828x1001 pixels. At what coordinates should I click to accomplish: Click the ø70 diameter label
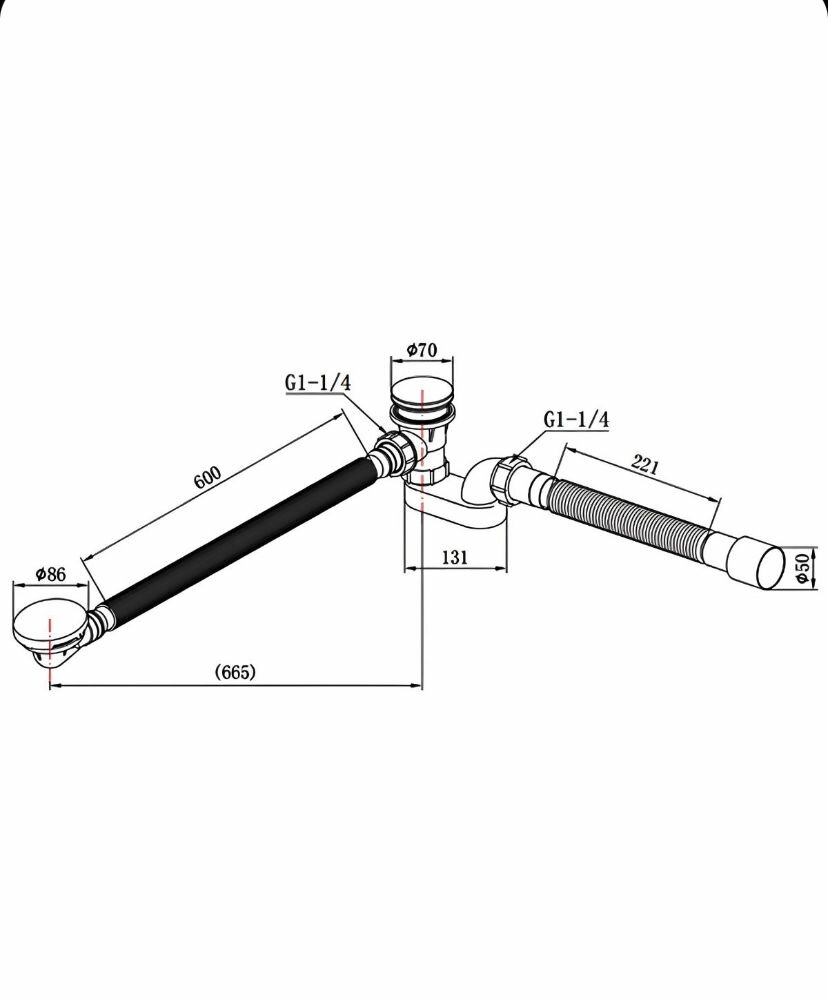(x=422, y=350)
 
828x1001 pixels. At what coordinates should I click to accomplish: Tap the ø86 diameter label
(x=49, y=574)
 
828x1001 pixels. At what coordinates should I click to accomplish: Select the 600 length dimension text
(x=206, y=477)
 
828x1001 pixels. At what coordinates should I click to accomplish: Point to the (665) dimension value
(x=235, y=672)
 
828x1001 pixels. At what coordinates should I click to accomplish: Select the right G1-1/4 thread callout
(x=576, y=419)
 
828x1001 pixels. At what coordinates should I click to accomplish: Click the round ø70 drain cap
(x=421, y=391)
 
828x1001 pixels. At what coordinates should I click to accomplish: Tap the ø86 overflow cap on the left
(x=50, y=623)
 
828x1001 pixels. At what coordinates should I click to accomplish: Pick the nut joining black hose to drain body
(x=392, y=456)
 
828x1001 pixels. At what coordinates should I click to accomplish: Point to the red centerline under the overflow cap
(x=48, y=670)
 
